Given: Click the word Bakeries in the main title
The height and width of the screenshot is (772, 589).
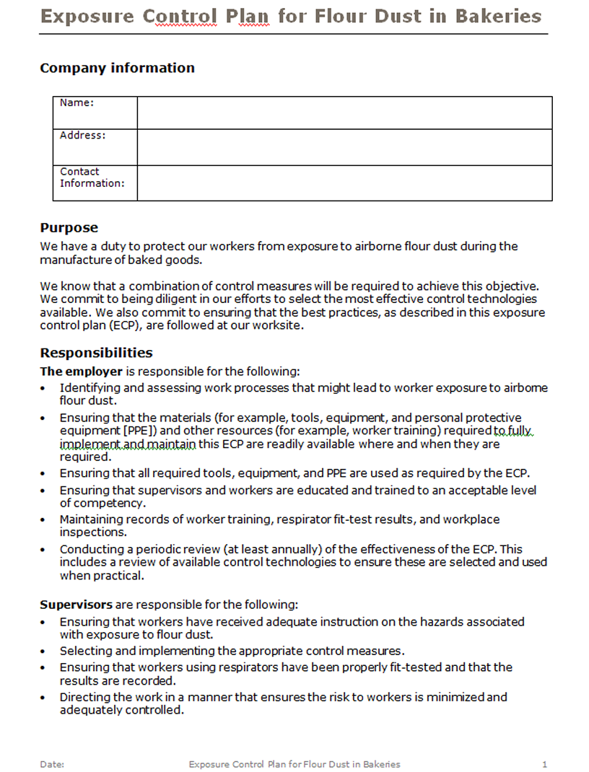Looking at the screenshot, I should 498,16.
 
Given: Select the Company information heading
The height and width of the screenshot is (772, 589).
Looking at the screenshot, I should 117,68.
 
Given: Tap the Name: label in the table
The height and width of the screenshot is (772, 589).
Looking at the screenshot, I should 77,103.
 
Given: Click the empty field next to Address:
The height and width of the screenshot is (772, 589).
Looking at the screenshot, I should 344,147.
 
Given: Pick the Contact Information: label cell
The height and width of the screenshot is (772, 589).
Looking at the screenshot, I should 92,177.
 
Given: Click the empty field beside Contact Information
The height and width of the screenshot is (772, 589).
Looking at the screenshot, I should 344,183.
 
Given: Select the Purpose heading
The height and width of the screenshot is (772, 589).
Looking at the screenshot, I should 69,228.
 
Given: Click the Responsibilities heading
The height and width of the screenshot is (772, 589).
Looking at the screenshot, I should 96,353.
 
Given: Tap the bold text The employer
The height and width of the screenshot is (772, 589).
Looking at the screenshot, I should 82,372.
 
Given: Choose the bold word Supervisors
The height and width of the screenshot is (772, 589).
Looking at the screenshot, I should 76,605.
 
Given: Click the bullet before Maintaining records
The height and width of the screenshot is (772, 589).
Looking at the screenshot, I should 45,520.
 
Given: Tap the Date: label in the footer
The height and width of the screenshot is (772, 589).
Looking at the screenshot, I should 52,764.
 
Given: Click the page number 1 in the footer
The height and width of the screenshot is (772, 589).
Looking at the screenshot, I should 544,764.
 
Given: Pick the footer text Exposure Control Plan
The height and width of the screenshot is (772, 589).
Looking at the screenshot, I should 235,764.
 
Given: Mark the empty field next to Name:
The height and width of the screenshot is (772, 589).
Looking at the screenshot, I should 344,113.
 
